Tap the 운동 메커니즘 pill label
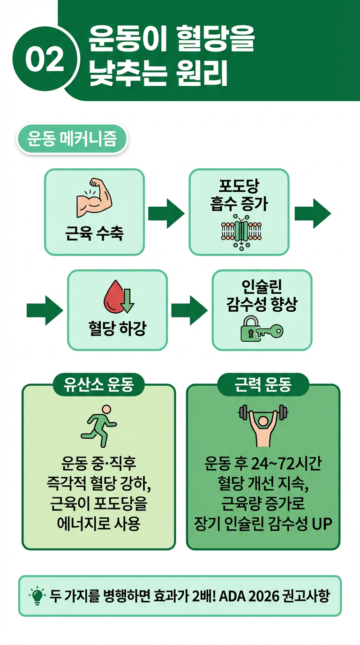click(x=72, y=139)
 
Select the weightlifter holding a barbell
click(x=262, y=424)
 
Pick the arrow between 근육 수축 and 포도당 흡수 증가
click(x=166, y=213)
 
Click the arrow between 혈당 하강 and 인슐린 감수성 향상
click(x=189, y=310)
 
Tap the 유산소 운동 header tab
click(x=99, y=385)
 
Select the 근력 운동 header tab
click(x=262, y=385)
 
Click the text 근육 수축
click(x=94, y=232)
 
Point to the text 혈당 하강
click(x=117, y=328)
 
